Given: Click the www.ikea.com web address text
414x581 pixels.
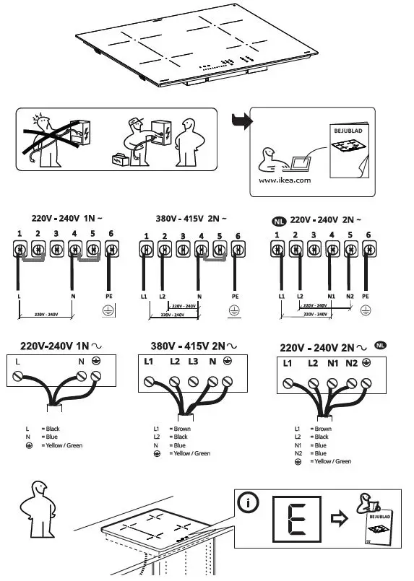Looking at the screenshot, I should click(284, 180).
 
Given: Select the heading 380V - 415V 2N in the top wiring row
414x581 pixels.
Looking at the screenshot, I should click(191, 218).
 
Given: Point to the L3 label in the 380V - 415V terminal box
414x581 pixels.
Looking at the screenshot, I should click(192, 360).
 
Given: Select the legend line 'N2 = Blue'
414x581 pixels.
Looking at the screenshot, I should click(313, 453).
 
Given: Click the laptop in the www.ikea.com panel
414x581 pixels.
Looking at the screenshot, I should click(294, 163).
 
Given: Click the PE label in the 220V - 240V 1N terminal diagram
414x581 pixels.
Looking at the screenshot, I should click(111, 296).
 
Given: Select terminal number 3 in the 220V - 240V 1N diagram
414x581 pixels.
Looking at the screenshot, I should click(56, 234).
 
